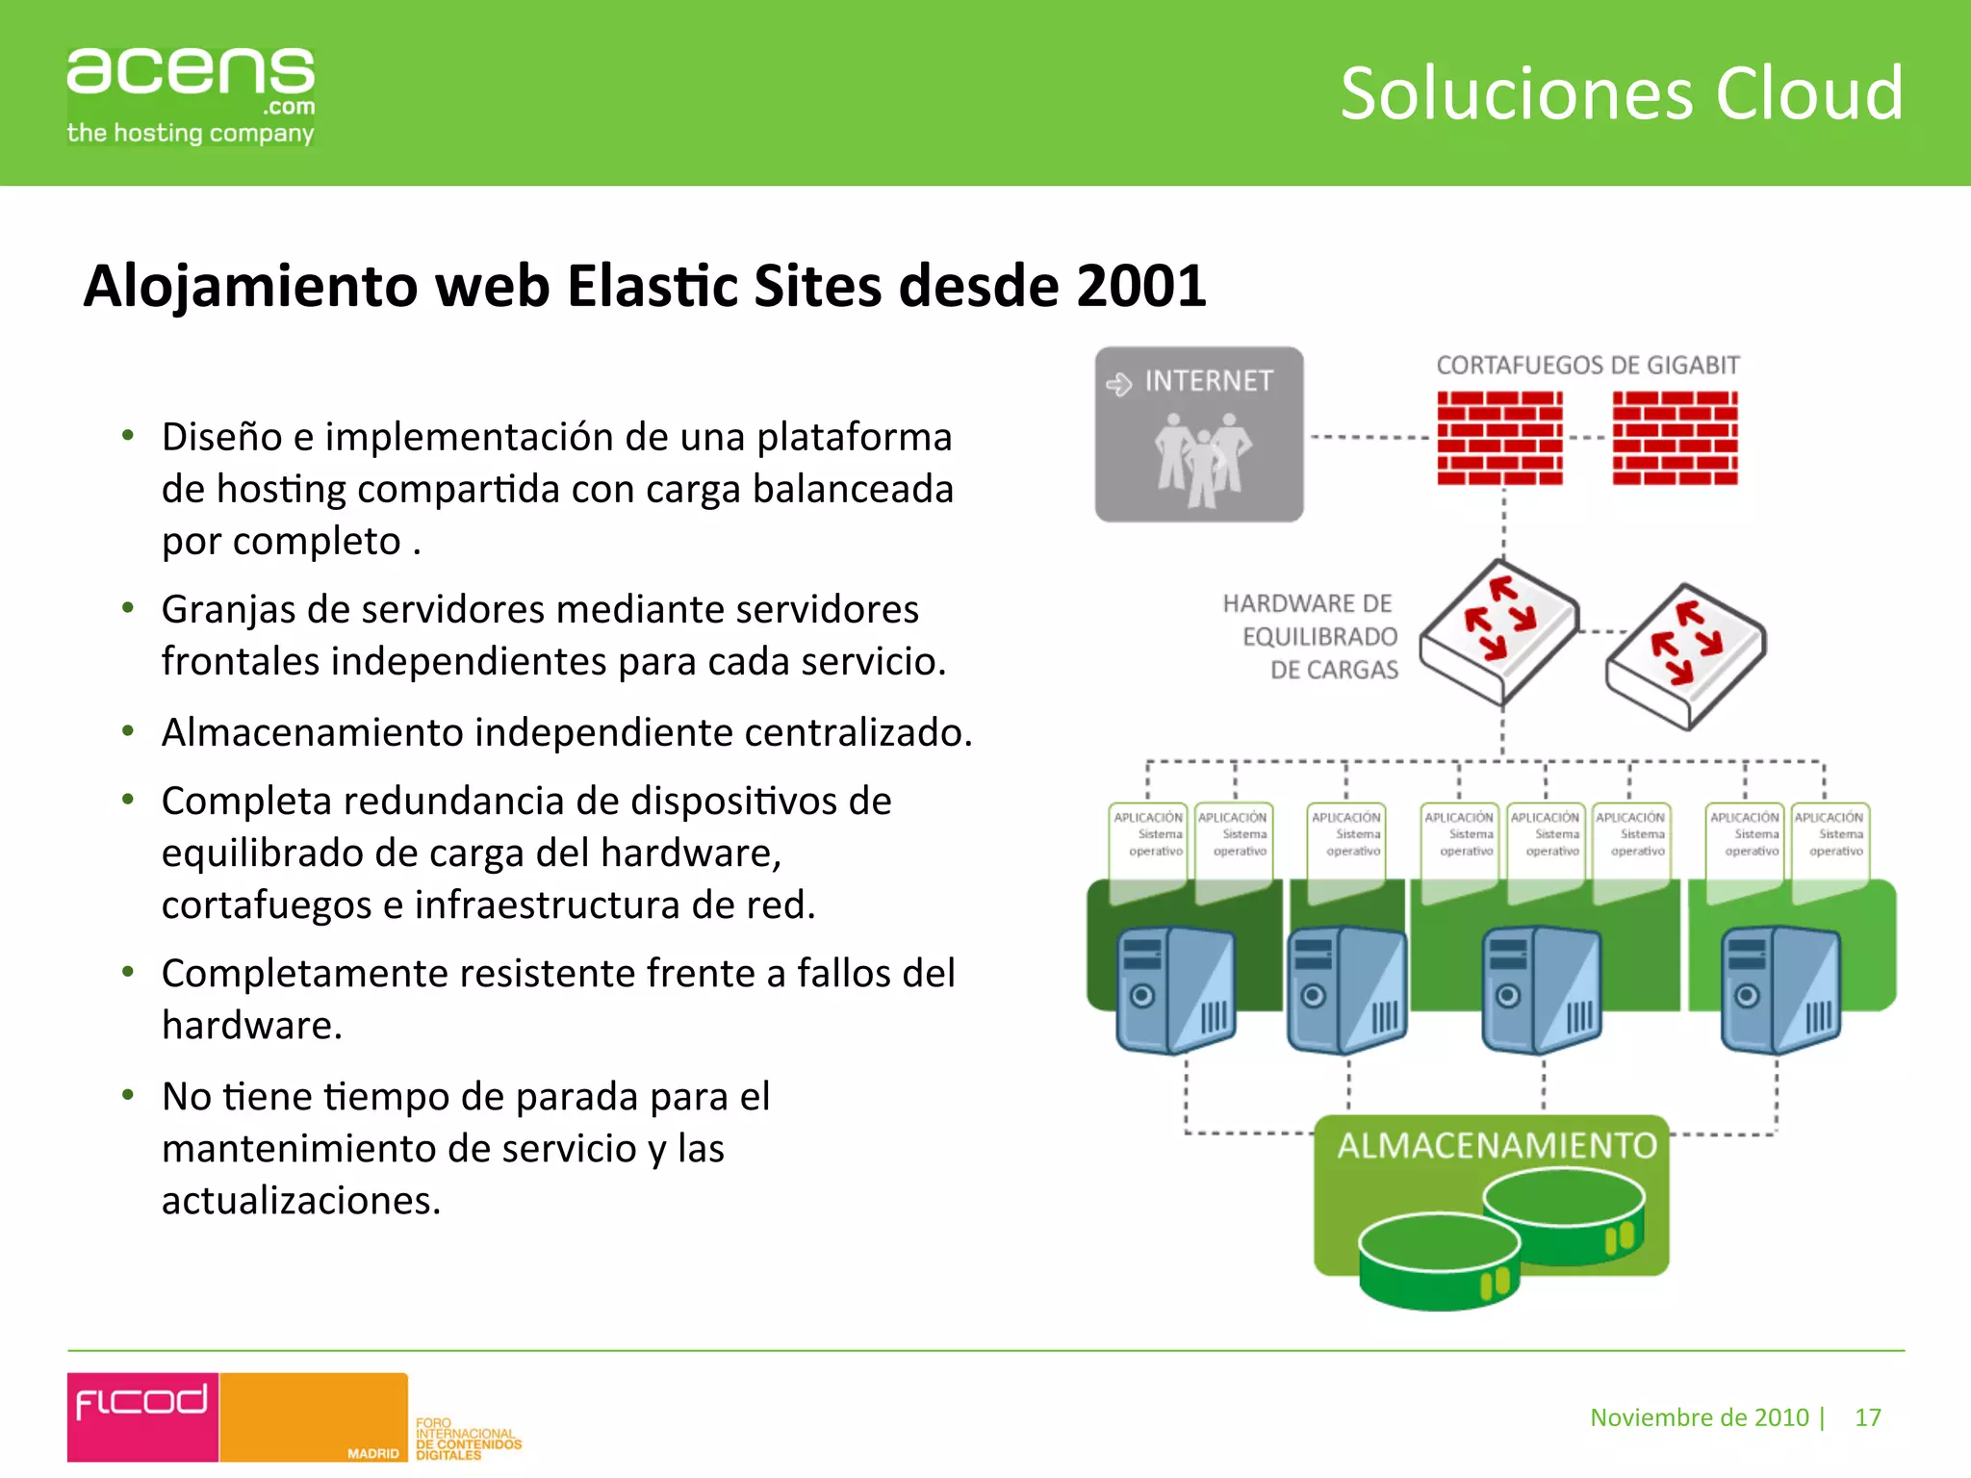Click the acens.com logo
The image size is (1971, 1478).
pos(191,95)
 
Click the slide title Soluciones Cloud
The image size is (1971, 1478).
pos(1622,93)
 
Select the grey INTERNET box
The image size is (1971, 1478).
pos(1199,434)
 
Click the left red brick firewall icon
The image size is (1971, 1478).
pos(1499,438)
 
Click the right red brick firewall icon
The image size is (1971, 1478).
pos(1675,438)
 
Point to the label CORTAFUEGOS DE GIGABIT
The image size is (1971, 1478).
pos(1588,366)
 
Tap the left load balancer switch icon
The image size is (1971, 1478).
pos(1498,631)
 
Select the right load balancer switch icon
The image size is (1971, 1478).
pos(1685,655)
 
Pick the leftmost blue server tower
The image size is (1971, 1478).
pos(1175,989)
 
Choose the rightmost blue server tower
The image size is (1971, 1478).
pos(1779,989)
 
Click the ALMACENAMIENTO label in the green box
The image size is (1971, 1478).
pos(1497,1146)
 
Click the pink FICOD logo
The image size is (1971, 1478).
pos(142,1415)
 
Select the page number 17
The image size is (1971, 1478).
pos(1867,1417)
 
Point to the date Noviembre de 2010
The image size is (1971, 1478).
pos(1699,1417)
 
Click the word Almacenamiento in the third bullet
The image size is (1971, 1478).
pos(313,732)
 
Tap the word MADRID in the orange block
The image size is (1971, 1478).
pos(372,1453)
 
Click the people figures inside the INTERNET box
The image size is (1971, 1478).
pos(1202,460)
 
